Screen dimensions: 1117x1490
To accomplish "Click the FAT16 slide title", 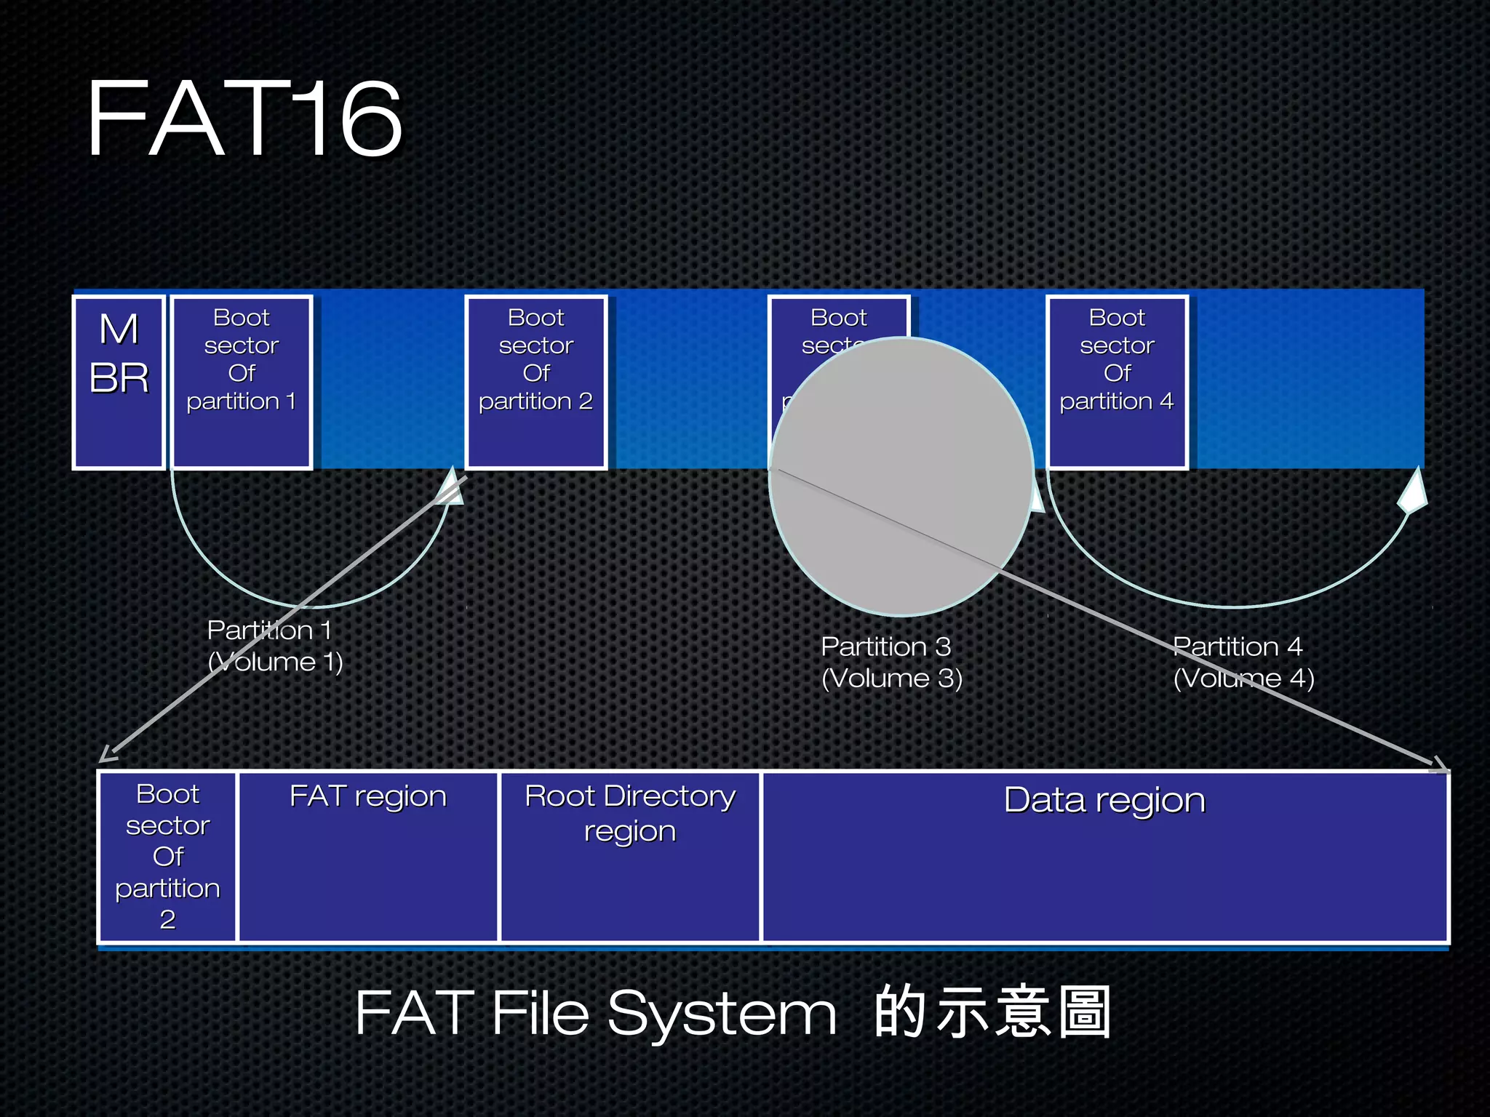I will click(x=244, y=119).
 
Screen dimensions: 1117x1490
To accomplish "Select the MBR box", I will click(x=119, y=382).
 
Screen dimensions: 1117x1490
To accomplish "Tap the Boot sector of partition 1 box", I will click(x=242, y=382).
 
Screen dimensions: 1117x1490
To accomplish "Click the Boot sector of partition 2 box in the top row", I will click(x=536, y=382).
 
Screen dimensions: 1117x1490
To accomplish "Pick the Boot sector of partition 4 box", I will click(x=1117, y=382).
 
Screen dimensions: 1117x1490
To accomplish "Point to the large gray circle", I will click(x=901, y=476).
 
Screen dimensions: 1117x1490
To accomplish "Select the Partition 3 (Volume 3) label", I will click(x=891, y=662).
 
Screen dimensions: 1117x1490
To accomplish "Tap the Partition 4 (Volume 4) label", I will click(x=1243, y=662).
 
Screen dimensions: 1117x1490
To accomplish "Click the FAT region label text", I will click(x=368, y=797).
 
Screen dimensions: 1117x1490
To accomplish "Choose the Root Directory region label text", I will click(x=630, y=813).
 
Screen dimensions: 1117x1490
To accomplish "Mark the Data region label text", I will click(x=1104, y=801).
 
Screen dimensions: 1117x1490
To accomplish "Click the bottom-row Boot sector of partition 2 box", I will click(x=168, y=857).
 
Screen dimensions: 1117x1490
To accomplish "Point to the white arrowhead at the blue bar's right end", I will click(x=1413, y=492).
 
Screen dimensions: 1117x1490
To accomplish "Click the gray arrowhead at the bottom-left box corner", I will click(x=107, y=754).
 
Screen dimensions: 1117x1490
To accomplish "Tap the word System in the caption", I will click(x=722, y=1014).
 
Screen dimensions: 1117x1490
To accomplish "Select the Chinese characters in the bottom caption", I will click(x=992, y=1012).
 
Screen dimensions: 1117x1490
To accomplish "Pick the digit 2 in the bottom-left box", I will click(x=168, y=920).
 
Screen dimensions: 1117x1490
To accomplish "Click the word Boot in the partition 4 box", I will click(x=1117, y=318).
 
